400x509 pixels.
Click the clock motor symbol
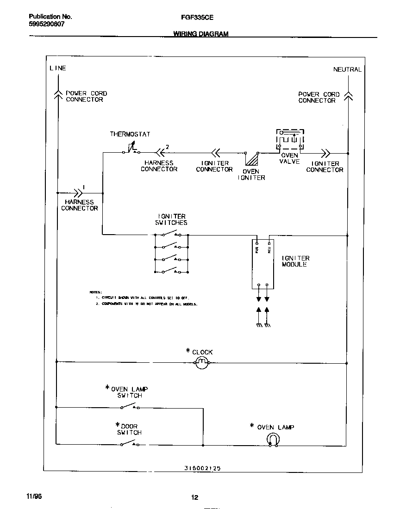click(201, 363)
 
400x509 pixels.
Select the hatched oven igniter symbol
click(252, 160)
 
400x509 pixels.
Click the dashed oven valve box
click(290, 140)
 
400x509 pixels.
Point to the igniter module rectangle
click(262, 264)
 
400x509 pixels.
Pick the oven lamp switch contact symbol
click(130, 407)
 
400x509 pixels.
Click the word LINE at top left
click(58, 68)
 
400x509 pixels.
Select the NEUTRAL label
click(347, 69)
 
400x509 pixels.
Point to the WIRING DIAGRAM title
click(200, 34)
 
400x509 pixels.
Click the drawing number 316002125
click(199, 468)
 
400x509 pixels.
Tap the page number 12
click(195, 497)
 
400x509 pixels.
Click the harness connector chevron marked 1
click(75, 192)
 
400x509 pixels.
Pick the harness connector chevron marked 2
click(160, 152)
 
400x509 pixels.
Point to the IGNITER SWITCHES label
click(171, 219)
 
